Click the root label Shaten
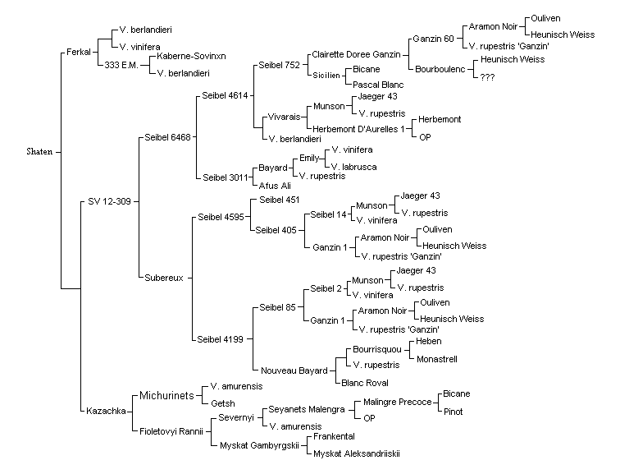tap(39, 151)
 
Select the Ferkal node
tap(79, 52)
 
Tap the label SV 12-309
tap(109, 201)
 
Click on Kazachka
tap(106, 411)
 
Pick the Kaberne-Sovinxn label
tap(191, 56)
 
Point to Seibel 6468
tap(167, 137)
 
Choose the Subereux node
tap(164, 278)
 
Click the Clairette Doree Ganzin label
tap(356, 54)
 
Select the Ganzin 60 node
tap(433, 39)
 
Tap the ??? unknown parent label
tap(487, 77)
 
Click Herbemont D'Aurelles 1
tap(358, 129)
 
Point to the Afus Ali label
tap(275, 186)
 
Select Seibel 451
tap(279, 200)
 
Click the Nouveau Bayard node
tap(294, 370)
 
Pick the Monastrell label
tap(437, 359)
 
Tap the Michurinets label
tap(166, 395)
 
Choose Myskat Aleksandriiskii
tap(357, 453)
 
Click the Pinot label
tap(454, 412)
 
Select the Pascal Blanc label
tap(378, 85)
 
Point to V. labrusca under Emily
tap(354, 167)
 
